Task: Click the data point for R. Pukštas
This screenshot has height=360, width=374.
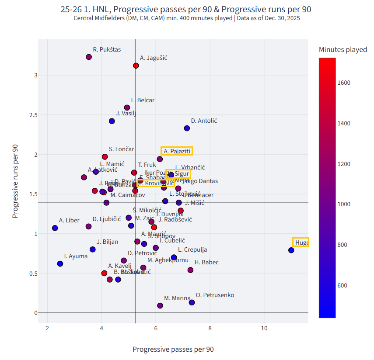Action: click(89, 57)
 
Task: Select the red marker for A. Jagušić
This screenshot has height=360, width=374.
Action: click(136, 66)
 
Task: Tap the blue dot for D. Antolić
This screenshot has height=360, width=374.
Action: click(187, 128)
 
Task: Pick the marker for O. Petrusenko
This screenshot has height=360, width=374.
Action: click(192, 302)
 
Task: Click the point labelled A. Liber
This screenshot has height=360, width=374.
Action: click(55, 228)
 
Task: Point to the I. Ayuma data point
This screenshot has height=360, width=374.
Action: click(60, 264)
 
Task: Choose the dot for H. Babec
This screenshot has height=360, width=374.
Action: click(190, 270)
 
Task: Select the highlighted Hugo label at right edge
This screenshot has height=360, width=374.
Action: click(301, 242)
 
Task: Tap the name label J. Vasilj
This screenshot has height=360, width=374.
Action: click(126, 114)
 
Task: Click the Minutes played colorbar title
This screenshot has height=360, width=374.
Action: click(343, 50)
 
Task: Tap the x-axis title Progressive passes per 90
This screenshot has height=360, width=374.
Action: click(173, 349)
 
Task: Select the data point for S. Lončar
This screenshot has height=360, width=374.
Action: click(105, 156)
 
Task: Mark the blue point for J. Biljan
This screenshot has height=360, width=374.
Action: click(93, 249)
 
